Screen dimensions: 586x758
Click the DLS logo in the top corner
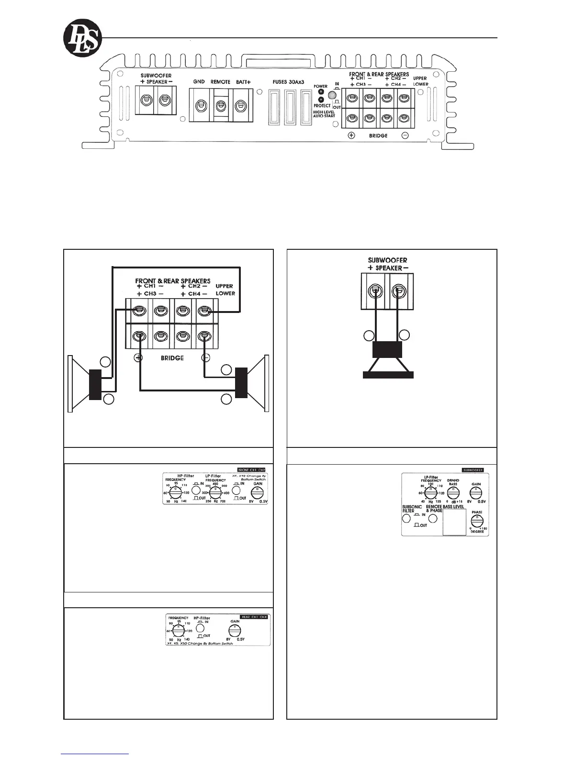[83, 37]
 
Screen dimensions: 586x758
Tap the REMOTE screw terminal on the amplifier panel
[221, 106]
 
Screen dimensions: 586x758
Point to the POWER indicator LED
[320, 92]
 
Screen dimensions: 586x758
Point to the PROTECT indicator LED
[320, 100]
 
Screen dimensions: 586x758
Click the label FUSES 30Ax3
[288, 82]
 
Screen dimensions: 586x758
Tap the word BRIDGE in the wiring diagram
[172, 357]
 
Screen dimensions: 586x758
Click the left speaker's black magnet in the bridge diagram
[95, 384]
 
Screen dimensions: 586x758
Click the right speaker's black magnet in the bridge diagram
[241, 382]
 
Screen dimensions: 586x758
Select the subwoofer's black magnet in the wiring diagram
[387, 350]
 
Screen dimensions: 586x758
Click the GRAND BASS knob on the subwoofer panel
[452, 493]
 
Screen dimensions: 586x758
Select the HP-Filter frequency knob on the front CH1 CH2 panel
[178, 492]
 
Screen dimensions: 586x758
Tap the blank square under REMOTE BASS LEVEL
[454, 522]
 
